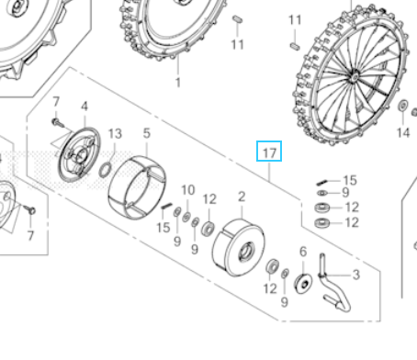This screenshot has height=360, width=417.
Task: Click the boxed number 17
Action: pos(269,152)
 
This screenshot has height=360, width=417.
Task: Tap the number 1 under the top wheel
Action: pos(177,82)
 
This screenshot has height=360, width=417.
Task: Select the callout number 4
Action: pos(84,107)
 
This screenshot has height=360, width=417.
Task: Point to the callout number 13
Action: pos(114,134)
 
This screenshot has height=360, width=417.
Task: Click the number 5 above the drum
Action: pos(145,134)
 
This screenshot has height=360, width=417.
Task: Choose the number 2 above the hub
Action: pos(241,197)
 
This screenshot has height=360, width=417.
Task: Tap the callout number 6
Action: pos(302,253)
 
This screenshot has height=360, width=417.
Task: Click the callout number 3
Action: pos(355,275)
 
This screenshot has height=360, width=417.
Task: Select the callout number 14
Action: pos(402,132)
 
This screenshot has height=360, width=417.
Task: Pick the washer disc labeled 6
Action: pos(302,279)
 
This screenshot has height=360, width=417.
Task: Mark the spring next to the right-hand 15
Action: pos(322,181)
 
